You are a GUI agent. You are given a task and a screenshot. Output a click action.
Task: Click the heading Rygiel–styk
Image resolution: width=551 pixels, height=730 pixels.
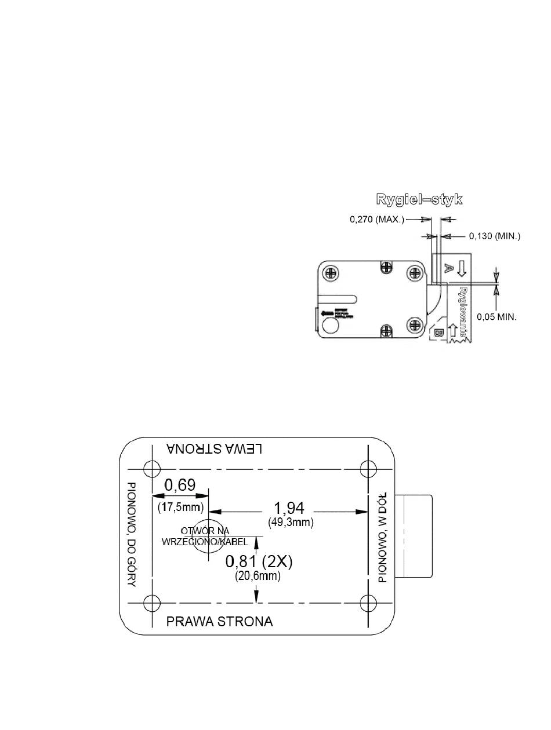click(419, 200)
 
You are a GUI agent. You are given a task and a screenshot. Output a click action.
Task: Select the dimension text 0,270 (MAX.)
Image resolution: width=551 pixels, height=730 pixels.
click(377, 220)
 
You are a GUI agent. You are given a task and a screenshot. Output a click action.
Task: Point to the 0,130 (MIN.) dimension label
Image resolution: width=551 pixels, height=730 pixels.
click(495, 236)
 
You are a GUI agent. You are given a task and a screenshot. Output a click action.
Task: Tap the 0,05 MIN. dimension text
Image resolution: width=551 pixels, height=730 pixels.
click(496, 317)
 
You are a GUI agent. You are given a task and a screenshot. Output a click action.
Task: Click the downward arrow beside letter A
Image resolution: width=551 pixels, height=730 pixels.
click(462, 267)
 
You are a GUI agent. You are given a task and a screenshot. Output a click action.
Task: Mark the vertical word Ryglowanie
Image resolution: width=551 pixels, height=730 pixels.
click(463, 313)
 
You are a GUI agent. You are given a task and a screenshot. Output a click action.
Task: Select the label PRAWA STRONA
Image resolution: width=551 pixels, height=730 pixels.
click(219, 622)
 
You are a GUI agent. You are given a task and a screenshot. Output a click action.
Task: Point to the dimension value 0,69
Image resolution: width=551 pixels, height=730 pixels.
click(180, 485)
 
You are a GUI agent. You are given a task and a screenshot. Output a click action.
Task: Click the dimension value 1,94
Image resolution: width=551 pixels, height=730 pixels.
click(289, 509)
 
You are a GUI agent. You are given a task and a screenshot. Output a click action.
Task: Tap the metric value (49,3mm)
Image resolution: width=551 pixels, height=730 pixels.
click(291, 523)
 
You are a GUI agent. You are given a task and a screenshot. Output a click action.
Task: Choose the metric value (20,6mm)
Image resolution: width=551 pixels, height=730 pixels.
click(258, 576)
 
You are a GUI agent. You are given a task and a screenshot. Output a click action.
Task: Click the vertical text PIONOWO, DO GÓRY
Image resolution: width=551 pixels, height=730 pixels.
click(132, 534)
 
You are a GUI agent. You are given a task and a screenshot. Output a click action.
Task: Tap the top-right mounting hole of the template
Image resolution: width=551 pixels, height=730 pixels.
click(368, 468)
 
